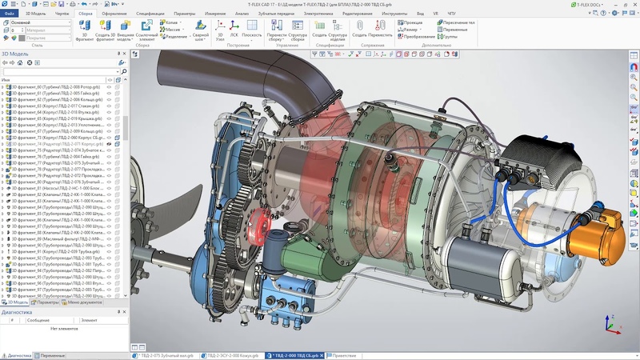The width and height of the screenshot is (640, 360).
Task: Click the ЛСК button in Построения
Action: click(234, 36)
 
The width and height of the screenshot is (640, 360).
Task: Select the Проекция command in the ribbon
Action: click(414, 22)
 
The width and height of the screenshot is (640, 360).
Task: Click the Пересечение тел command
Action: click(457, 22)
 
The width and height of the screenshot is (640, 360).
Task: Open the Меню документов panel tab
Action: click(84, 302)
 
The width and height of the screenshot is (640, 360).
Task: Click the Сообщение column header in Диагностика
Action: click(39, 320)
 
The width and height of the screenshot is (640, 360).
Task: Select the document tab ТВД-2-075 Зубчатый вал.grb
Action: click(164, 354)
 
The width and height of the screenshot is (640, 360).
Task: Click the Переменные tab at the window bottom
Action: click(52, 354)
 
